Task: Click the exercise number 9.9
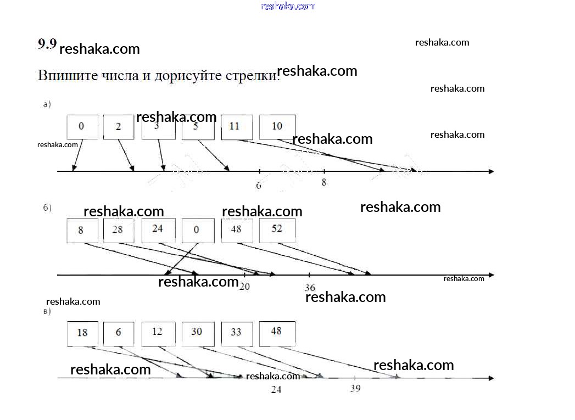click(47, 44)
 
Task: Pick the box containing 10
click(277, 127)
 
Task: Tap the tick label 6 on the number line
click(259, 186)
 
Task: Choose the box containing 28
click(118, 230)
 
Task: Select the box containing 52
click(277, 230)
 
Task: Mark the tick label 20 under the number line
click(244, 286)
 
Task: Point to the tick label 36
click(310, 288)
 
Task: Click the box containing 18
click(82, 333)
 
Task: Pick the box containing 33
click(237, 333)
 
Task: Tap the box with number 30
click(197, 333)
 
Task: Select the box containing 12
click(158, 333)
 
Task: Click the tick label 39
click(355, 389)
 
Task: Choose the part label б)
click(47, 208)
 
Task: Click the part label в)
click(47, 312)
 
